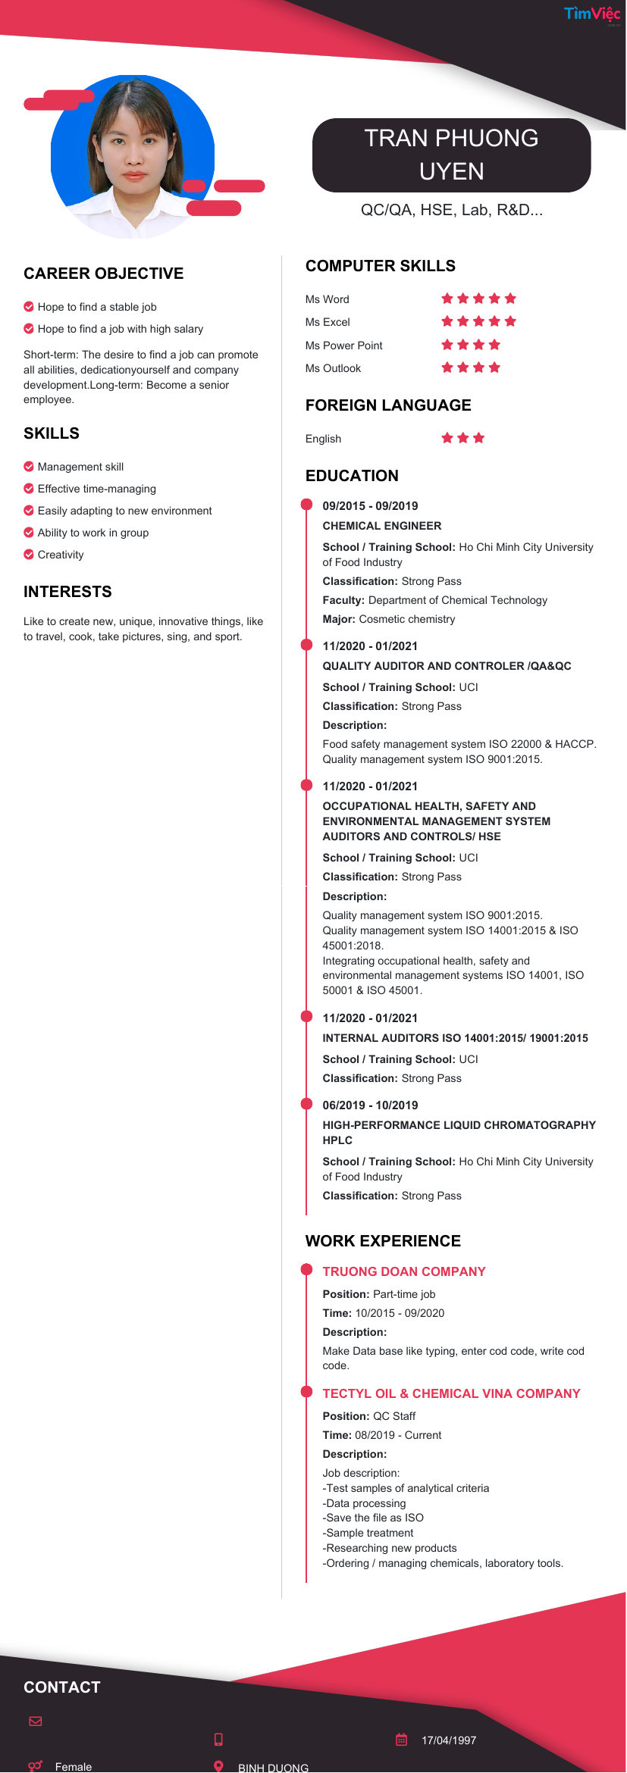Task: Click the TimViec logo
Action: [x=591, y=14]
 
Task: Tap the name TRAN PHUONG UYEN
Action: [x=451, y=155]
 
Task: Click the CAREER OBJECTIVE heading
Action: [x=103, y=274]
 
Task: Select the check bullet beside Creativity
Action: [x=29, y=555]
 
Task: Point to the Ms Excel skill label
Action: [x=328, y=322]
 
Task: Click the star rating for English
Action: [x=462, y=438]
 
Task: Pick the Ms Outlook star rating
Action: [x=471, y=367]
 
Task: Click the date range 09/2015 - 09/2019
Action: [x=370, y=506]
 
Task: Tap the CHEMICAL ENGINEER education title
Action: [x=381, y=526]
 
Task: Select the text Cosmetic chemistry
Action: [x=407, y=619]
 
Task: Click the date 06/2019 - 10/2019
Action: [x=370, y=1105]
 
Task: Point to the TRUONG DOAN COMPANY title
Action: [x=404, y=1271]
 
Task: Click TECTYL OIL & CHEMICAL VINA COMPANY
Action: [x=451, y=1393]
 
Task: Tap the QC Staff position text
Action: [x=394, y=1416]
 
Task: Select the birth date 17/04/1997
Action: [x=449, y=1740]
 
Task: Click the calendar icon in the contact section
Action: [x=402, y=1740]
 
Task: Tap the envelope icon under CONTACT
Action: [x=36, y=1721]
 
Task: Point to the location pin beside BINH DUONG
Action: [x=218, y=1766]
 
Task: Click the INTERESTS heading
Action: [x=67, y=592]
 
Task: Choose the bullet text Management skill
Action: [x=80, y=467]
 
